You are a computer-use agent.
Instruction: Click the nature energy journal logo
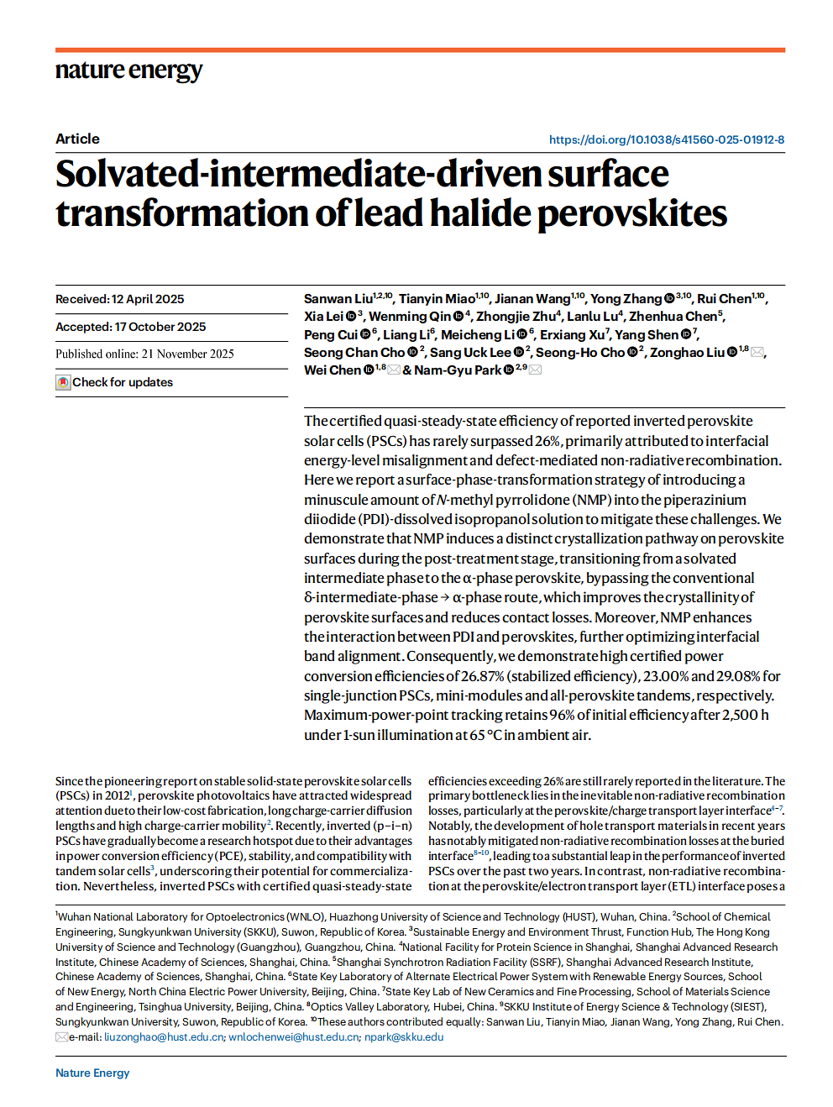click(128, 71)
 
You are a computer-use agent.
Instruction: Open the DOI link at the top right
click(666, 139)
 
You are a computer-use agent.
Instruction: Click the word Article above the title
click(77, 139)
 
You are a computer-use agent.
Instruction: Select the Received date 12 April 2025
click(147, 299)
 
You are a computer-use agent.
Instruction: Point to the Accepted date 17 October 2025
click(160, 327)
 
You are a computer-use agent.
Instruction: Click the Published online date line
click(144, 354)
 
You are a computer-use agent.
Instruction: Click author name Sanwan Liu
click(338, 299)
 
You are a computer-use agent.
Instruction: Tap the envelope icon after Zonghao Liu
click(757, 353)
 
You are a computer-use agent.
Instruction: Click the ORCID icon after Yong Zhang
click(669, 298)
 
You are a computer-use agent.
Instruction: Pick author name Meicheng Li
click(478, 335)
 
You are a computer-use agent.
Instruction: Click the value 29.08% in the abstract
click(736, 676)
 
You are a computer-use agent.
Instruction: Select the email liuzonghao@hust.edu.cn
click(164, 1037)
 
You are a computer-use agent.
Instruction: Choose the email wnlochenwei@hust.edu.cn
click(293, 1037)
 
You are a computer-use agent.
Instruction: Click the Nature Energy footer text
click(92, 1073)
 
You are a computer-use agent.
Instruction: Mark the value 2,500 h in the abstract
click(745, 715)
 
